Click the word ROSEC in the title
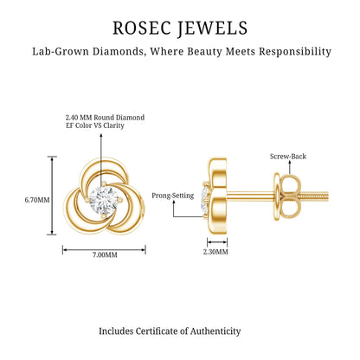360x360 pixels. point(141,28)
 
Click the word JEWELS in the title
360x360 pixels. point(212,29)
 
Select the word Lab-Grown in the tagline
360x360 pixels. point(61,52)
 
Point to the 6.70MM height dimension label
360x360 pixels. point(37,200)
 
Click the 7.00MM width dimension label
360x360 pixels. point(105,255)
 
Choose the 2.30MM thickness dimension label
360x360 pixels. point(215,252)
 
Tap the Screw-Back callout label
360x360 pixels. point(288,157)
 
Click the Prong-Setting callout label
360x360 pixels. point(173,196)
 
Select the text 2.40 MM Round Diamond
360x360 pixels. point(105,118)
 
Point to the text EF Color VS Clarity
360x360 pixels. point(95,125)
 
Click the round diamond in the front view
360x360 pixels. point(104,199)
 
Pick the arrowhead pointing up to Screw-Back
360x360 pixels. point(289,164)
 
